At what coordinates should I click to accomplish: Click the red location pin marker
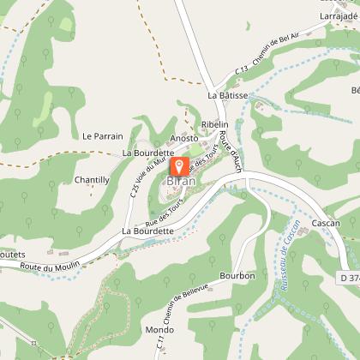point(179,166)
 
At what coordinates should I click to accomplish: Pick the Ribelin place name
point(213,125)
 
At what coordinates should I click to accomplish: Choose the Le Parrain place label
point(103,135)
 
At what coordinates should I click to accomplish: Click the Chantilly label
point(92,180)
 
